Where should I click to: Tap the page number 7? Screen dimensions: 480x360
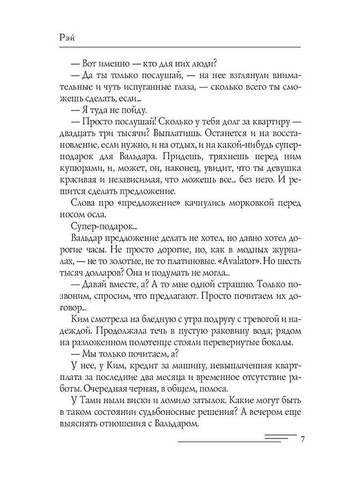[302, 440]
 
